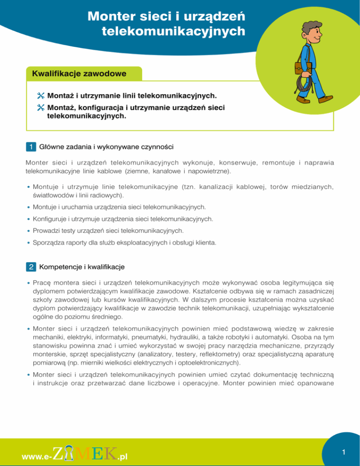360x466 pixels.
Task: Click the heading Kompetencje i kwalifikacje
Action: pyautogui.click(x=82, y=267)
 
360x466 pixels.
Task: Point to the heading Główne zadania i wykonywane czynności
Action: pyautogui.click(x=107, y=147)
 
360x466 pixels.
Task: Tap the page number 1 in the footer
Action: pyautogui.click(x=344, y=451)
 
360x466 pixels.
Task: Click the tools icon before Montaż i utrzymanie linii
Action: pyautogui.click(x=41, y=96)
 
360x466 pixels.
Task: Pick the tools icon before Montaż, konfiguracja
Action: pyautogui.click(x=41, y=108)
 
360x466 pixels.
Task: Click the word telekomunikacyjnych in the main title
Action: pyautogui.click(x=173, y=32)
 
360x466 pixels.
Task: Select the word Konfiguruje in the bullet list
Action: pyautogui.click(x=49, y=218)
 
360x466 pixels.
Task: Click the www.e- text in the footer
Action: pyautogui.click(x=37, y=455)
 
